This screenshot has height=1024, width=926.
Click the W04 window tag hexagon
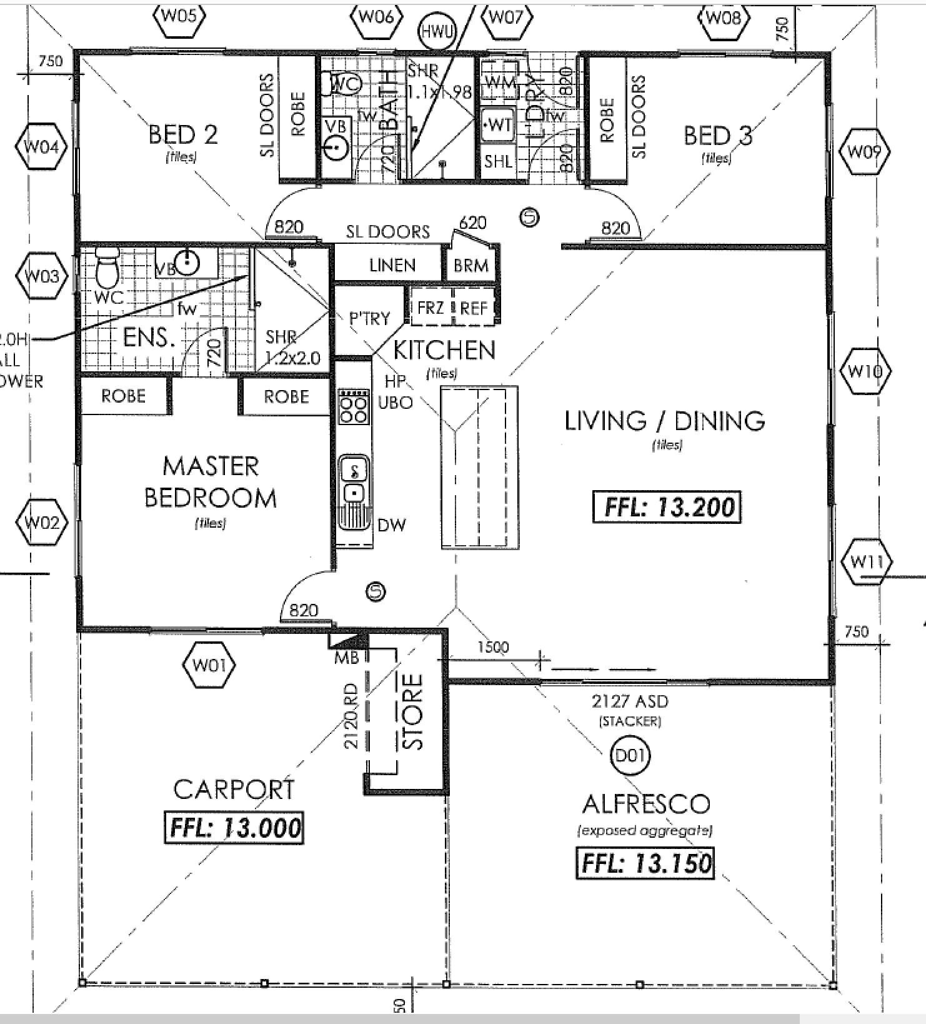click(x=41, y=147)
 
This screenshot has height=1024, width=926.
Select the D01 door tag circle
click(x=629, y=756)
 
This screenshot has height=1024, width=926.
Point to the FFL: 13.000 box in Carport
click(x=234, y=828)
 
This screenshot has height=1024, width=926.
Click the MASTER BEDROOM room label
click(x=211, y=482)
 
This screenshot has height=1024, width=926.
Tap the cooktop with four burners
click(x=352, y=406)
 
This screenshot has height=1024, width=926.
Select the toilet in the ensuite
click(x=107, y=267)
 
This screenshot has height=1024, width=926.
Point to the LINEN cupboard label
click(x=392, y=266)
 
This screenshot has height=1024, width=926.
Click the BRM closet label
click(x=470, y=266)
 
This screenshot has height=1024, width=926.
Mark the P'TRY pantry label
click(x=369, y=318)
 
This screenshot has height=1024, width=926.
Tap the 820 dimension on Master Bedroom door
click(x=303, y=610)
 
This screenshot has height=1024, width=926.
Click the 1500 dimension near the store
click(x=493, y=647)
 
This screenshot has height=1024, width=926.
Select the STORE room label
click(x=413, y=711)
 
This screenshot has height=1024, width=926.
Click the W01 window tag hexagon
click(x=209, y=665)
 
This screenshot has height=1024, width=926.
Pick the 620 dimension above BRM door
click(x=472, y=223)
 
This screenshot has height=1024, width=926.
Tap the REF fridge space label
click(x=474, y=308)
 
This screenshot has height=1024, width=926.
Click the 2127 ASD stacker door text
click(x=630, y=701)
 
